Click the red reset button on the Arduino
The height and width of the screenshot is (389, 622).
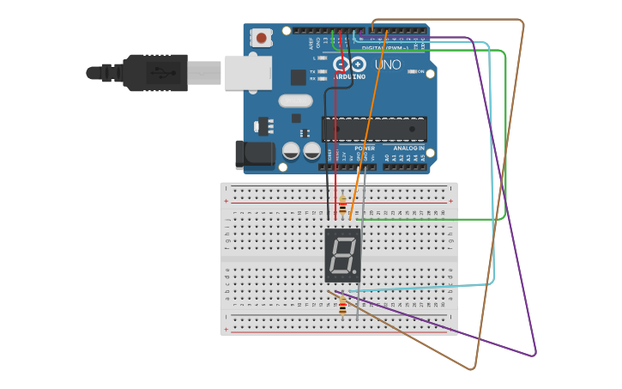coord(261,38)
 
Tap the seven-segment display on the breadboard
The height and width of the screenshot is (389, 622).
coord(342,255)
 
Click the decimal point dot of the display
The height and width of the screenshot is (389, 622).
coord(355,273)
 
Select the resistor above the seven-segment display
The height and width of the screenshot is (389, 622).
coord(342,206)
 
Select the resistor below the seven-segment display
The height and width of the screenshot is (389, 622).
coord(342,306)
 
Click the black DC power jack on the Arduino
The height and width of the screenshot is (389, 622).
coord(254,155)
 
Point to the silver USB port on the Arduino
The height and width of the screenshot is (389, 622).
coord(248,73)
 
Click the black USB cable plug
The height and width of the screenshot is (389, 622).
coord(154,73)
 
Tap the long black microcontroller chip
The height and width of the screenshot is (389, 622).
coord(374,129)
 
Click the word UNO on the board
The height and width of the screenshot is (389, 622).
coord(388,64)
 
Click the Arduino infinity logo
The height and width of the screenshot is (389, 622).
coord(349,64)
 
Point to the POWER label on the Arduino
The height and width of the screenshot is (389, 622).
coord(364,148)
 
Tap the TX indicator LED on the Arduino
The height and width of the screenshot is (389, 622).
coord(322,71)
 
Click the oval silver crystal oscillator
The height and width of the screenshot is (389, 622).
coord(295,100)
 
